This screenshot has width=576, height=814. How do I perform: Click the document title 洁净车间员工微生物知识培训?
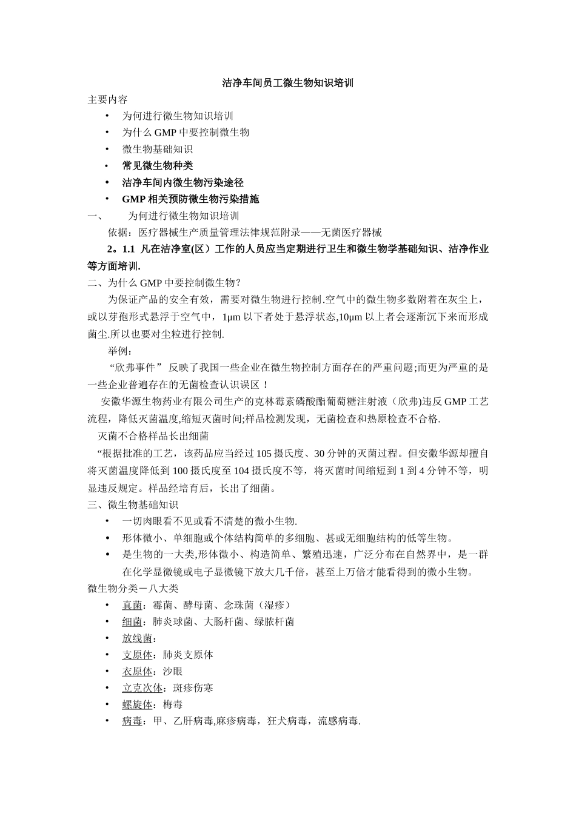[288, 83]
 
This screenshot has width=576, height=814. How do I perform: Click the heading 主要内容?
[108, 99]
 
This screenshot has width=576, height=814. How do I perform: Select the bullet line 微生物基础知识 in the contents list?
[157, 149]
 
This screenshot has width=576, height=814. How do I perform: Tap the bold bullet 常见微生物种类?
[157, 166]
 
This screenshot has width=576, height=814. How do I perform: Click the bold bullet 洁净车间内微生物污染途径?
[183, 182]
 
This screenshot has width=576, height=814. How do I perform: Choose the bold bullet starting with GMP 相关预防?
[190, 199]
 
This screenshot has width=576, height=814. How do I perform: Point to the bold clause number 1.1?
[128, 249]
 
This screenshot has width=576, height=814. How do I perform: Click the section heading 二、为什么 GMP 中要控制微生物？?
[164, 282]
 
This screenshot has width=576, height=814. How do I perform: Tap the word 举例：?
[120, 351]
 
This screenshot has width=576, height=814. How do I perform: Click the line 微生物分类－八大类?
[133, 588]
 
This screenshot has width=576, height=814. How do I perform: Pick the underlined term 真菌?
[132, 605]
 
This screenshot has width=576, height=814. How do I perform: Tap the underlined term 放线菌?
[137, 638]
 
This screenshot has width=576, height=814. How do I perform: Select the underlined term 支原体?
[137, 655]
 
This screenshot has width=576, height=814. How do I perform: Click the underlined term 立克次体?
[142, 688]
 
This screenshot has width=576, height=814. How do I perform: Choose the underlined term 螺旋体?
[137, 704]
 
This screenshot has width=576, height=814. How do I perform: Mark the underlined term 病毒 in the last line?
[132, 721]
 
